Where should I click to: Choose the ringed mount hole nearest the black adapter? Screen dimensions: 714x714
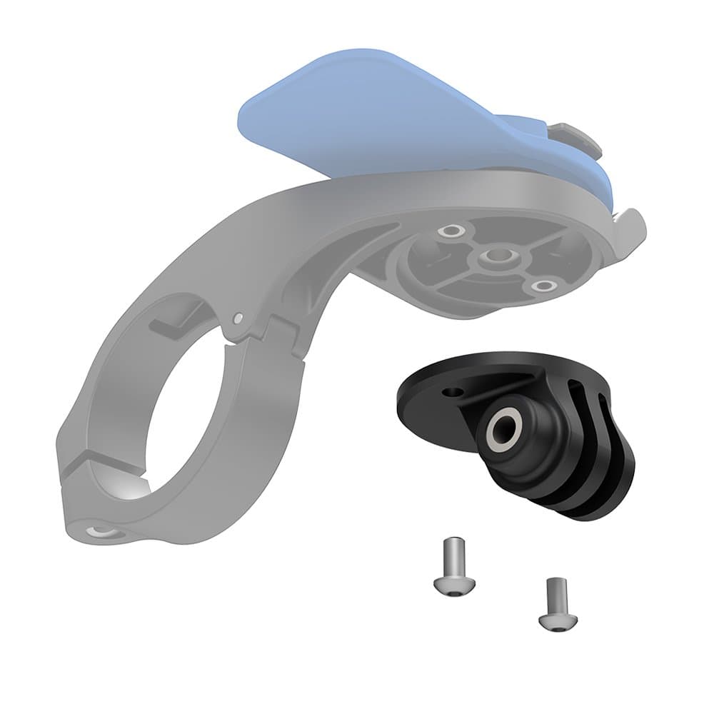click(x=545, y=286)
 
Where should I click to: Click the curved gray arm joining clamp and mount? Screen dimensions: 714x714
click(x=236, y=236)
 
